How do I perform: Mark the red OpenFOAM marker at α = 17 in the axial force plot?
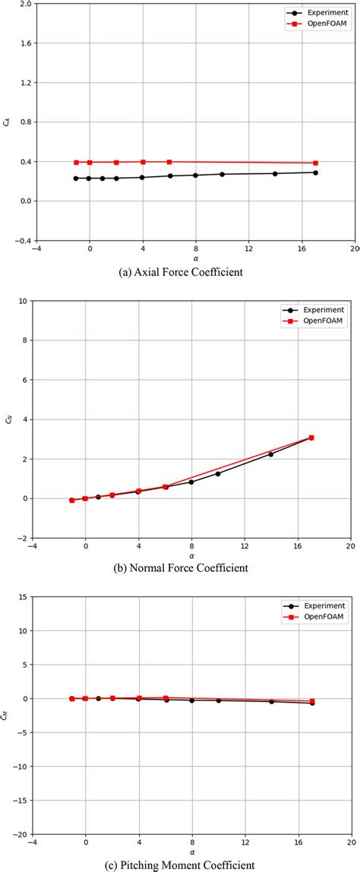(315, 163)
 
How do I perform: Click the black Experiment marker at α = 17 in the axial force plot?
(315, 172)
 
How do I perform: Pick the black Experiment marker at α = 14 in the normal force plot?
(271, 454)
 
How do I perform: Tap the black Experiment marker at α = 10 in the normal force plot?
(218, 473)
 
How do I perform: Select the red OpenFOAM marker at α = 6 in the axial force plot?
(169, 162)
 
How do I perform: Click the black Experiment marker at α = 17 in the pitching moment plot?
(311, 703)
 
